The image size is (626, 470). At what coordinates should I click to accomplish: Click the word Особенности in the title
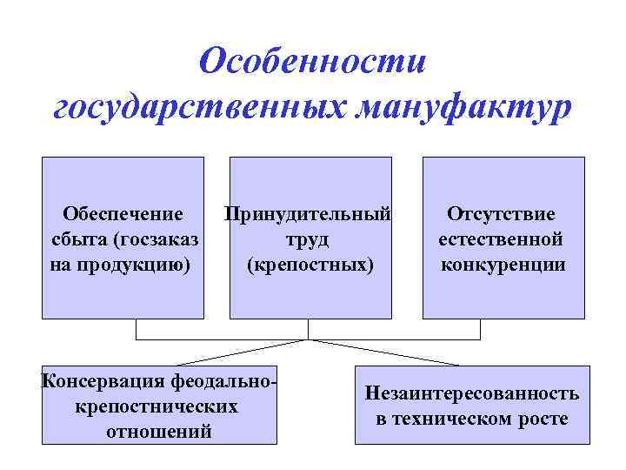point(313,63)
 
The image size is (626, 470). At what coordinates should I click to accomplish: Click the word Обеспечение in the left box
point(123,214)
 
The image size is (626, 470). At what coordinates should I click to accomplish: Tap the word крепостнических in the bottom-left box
point(157,406)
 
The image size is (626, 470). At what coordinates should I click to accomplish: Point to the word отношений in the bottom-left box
point(157,431)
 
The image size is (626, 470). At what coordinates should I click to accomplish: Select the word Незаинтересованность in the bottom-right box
point(472,393)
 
